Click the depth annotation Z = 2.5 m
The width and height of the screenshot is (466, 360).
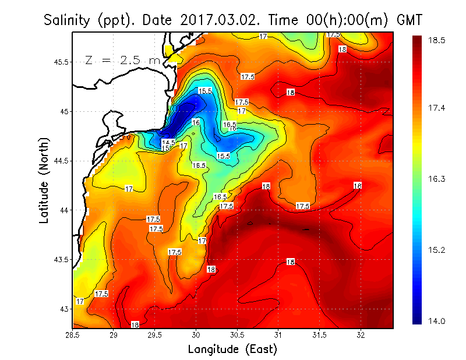122,60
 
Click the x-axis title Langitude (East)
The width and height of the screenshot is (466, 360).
232,349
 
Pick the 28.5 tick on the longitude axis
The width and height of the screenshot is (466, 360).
73,334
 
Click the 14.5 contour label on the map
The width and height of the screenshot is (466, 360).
168,143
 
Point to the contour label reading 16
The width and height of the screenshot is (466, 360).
196,122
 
